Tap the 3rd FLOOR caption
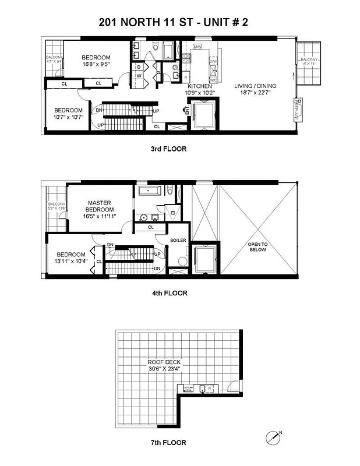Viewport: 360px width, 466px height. (x=168, y=149)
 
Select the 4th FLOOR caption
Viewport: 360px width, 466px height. (x=169, y=293)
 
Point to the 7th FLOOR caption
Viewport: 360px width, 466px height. (x=169, y=443)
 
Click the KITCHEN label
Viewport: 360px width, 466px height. (x=199, y=86)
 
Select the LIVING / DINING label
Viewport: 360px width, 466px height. (x=255, y=86)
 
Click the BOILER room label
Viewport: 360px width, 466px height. (x=178, y=240)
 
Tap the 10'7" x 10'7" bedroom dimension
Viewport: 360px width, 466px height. (x=69, y=116)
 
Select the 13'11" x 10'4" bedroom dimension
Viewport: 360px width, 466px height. (x=72, y=262)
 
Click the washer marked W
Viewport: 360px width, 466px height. (x=139, y=75)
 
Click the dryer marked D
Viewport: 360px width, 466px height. (x=139, y=67)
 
